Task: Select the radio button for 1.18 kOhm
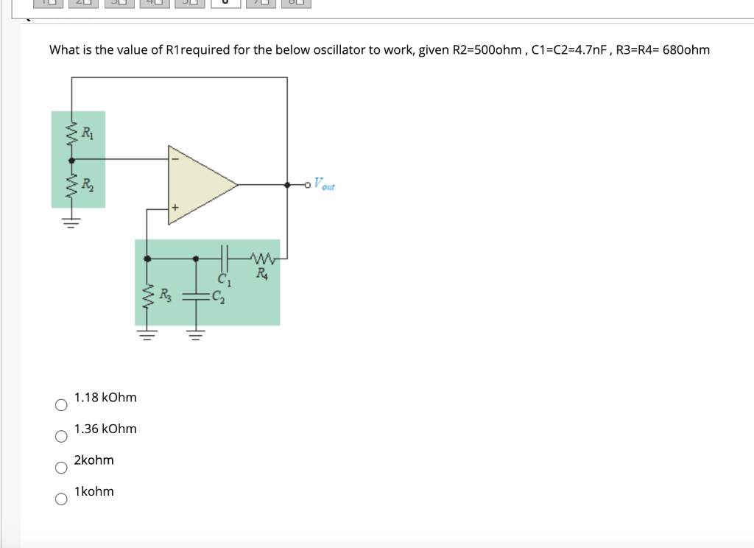pyautogui.click(x=61, y=405)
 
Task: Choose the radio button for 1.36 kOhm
pyautogui.click(x=61, y=437)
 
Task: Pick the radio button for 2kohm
pyautogui.click(x=61, y=468)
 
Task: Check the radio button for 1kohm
pyautogui.click(x=61, y=499)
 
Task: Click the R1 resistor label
pyautogui.click(x=87, y=134)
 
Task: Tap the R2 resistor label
pyautogui.click(x=87, y=184)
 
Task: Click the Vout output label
pyautogui.click(x=324, y=184)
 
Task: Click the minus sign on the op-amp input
pyautogui.click(x=175, y=158)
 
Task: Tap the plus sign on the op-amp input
pyautogui.click(x=175, y=209)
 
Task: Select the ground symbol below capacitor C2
pyautogui.click(x=195, y=336)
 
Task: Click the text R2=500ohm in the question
pyautogui.click(x=487, y=50)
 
